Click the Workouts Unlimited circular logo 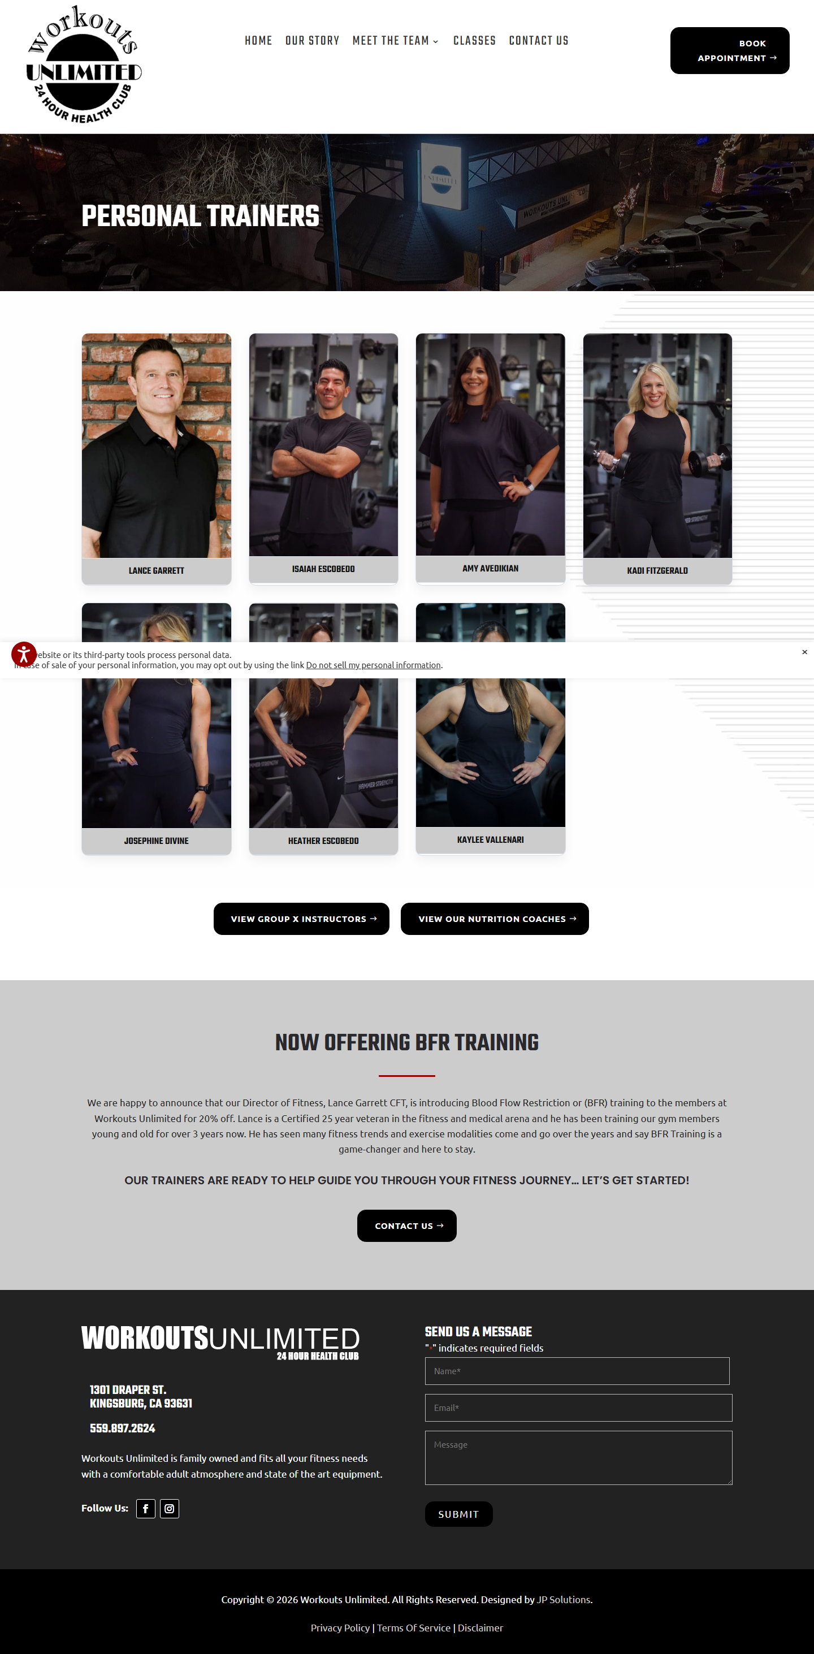[x=84, y=64]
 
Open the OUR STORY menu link [x=312, y=41]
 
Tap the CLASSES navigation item [x=474, y=41]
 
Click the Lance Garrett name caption [x=156, y=571]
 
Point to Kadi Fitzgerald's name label [x=657, y=571]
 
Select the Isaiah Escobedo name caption [x=323, y=569]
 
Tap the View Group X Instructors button [x=302, y=919]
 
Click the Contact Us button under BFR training [x=407, y=1226]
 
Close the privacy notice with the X [x=804, y=652]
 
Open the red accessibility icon [x=24, y=654]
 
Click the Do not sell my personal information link [x=374, y=665]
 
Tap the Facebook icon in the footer [x=146, y=1509]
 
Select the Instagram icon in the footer [x=170, y=1509]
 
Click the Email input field [x=578, y=1408]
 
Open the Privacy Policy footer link [x=340, y=1627]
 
